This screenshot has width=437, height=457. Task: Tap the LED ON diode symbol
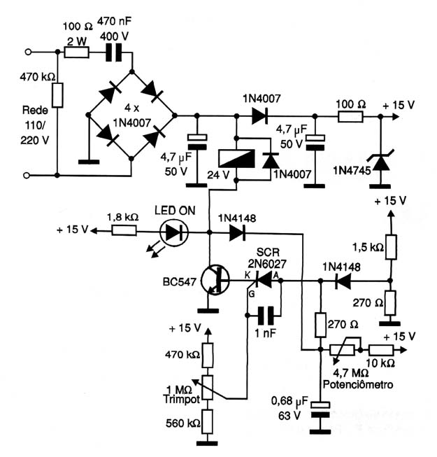(174, 232)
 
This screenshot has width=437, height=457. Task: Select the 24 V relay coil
(237, 159)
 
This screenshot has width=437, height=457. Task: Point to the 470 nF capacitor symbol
(113, 52)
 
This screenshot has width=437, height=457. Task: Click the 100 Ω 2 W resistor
(77, 52)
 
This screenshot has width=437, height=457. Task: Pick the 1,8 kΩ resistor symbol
(124, 231)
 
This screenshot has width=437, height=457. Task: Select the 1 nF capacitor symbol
(266, 316)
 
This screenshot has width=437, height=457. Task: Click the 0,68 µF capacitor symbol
(320, 409)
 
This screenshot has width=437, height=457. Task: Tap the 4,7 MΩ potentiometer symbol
(343, 350)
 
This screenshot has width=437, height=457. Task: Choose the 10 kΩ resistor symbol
(381, 350)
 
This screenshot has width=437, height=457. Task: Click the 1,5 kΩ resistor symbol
(391, 247)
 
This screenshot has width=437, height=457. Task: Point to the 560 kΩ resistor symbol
(207, 421)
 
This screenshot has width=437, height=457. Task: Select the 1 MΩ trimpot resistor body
(208, 387)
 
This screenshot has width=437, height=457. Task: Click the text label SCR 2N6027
(267, 258)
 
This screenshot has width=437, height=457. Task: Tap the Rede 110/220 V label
(34, 125)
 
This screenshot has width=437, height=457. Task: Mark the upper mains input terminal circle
(28, 52)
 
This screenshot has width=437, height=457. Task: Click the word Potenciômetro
(358, 384)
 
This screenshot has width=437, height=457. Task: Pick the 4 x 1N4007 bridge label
(131, 115)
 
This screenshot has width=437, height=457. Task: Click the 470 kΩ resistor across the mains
(57, 95)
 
